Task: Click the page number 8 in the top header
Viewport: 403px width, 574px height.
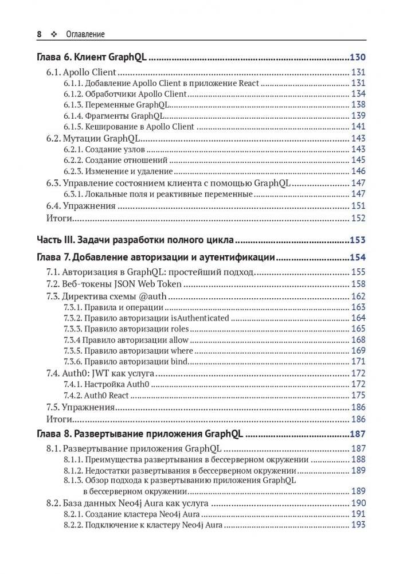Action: coord(40,34)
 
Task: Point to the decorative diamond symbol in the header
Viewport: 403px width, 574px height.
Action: coord(54,34)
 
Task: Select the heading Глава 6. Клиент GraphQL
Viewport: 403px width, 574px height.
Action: coord(95,57)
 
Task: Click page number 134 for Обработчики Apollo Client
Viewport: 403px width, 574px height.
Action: coord(358,93)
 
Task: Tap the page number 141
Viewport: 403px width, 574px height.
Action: coord(358,126)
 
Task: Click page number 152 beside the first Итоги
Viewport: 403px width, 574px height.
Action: coord(358,218)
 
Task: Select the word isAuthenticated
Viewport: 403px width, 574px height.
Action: coord(200,318)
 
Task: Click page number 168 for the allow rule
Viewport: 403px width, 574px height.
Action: coord(358,340)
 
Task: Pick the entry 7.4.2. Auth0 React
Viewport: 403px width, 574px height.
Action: coord(99,395)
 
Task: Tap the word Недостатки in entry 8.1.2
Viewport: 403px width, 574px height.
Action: coord(107,470)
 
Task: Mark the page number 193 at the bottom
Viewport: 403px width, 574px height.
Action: coord(358,525)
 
